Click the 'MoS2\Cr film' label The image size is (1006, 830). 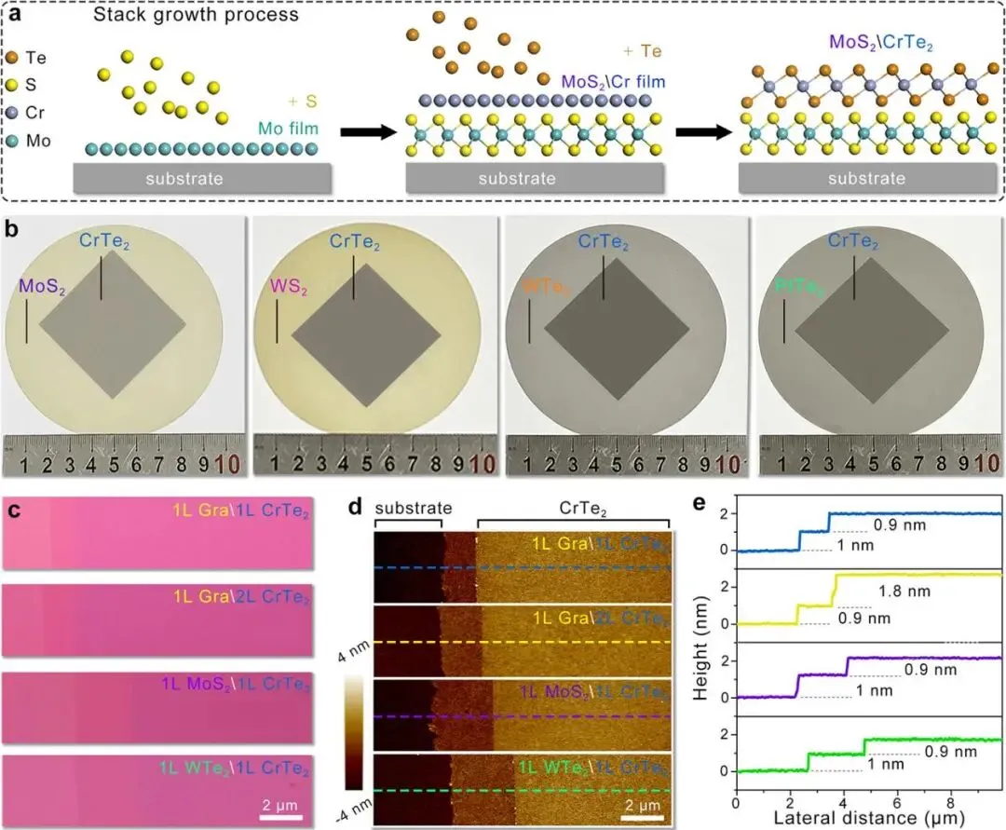pyautogui.click(x=613, y=81)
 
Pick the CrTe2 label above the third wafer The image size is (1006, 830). pyautogui.click(x=604, y=241)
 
